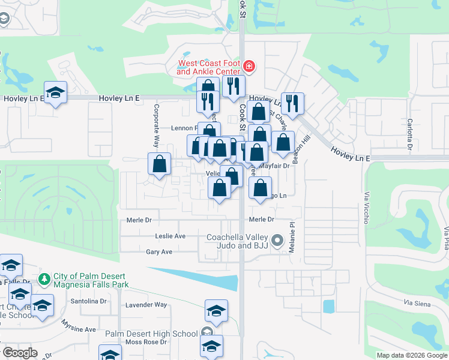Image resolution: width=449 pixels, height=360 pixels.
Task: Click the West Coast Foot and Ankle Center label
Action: pos(208,67)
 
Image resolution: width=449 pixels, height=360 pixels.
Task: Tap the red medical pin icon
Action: pos(249,66)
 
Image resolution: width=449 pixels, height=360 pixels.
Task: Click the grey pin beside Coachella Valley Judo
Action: pos(277,241)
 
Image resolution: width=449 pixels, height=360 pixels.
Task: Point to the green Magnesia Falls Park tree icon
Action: pos(43,279)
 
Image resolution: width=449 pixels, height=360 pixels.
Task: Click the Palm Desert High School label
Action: pos(151,334)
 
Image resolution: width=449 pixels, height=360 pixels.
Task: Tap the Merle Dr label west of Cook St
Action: pos(139,220)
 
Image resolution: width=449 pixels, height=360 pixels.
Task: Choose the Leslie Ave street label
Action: pos(170,236)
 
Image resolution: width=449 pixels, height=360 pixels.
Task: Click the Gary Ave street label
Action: pos(159,252)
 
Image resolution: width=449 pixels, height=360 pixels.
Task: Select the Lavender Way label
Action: pos(146,305)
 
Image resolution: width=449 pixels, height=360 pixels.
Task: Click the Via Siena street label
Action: pos(415,304)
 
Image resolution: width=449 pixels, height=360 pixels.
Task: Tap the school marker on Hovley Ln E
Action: pos(56,93)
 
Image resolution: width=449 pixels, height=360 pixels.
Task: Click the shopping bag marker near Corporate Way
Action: pos(159,164)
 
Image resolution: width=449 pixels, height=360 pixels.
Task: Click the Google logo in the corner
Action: pos(20,353)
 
